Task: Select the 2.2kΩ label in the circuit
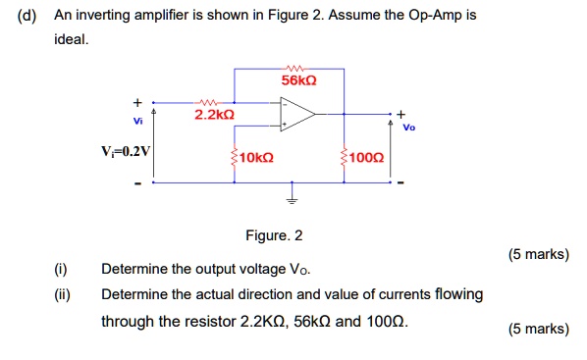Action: point(214,116)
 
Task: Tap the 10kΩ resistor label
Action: point(257,157)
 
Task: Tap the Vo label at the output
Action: point(409,127)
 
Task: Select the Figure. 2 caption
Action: point(275,235)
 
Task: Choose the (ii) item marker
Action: point(62,294)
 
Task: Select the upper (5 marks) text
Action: point(538,254)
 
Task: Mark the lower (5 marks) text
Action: point(538,329)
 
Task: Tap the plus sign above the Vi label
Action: point(138,101)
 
